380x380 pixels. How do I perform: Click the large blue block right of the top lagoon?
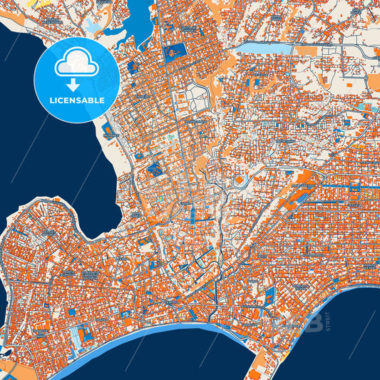click(175, 51)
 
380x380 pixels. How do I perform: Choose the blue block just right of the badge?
click(133, 68)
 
